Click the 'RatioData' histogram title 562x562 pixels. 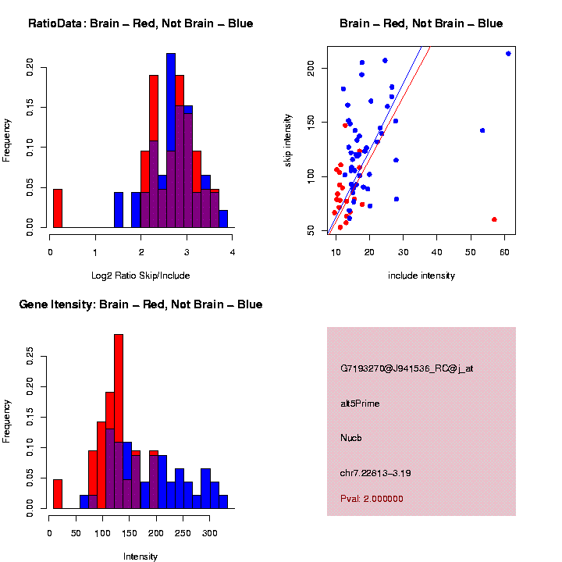tap(140, 23)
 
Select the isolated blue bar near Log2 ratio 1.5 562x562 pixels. tap(119, 210)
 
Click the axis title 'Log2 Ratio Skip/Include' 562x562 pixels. tap(140, 276)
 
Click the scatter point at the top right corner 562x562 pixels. tap(508, 53)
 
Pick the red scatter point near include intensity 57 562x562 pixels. tap(494, 219)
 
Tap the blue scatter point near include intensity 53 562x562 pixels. tap(482, 130)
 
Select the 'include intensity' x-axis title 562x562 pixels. tap(421, 276)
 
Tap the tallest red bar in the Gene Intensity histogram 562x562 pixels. tap(119, 421)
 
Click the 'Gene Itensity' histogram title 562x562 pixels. tap(140, 304)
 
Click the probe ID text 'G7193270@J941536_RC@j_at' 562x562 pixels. tap(407, 368)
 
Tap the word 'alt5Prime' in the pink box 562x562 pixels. tap(360, 404)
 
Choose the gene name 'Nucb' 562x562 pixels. tap(350, 438)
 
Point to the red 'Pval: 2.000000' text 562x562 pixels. tap(372, 499)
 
